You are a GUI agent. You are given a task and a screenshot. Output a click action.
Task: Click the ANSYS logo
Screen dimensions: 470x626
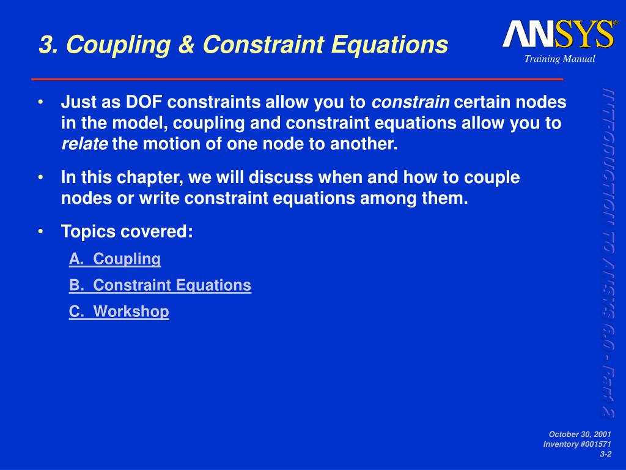click(558, 34)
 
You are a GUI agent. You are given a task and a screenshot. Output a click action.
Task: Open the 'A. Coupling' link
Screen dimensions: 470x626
click(115, 259)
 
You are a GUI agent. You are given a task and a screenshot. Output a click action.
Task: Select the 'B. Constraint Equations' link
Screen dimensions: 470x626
click(160, 285)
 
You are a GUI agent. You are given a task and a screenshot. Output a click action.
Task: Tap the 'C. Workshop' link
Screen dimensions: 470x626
click(119, 311)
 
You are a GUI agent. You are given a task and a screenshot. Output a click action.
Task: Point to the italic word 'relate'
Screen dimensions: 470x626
click(84, 145)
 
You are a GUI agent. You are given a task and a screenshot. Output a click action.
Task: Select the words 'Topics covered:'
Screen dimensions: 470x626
click(127, 232)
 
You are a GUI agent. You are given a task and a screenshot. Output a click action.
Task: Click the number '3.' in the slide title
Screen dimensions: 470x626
click(49, 44)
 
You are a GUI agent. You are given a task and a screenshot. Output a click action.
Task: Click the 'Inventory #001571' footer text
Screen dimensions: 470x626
click(576, 444)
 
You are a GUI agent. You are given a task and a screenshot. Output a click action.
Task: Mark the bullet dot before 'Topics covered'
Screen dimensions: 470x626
click(40, 232)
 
